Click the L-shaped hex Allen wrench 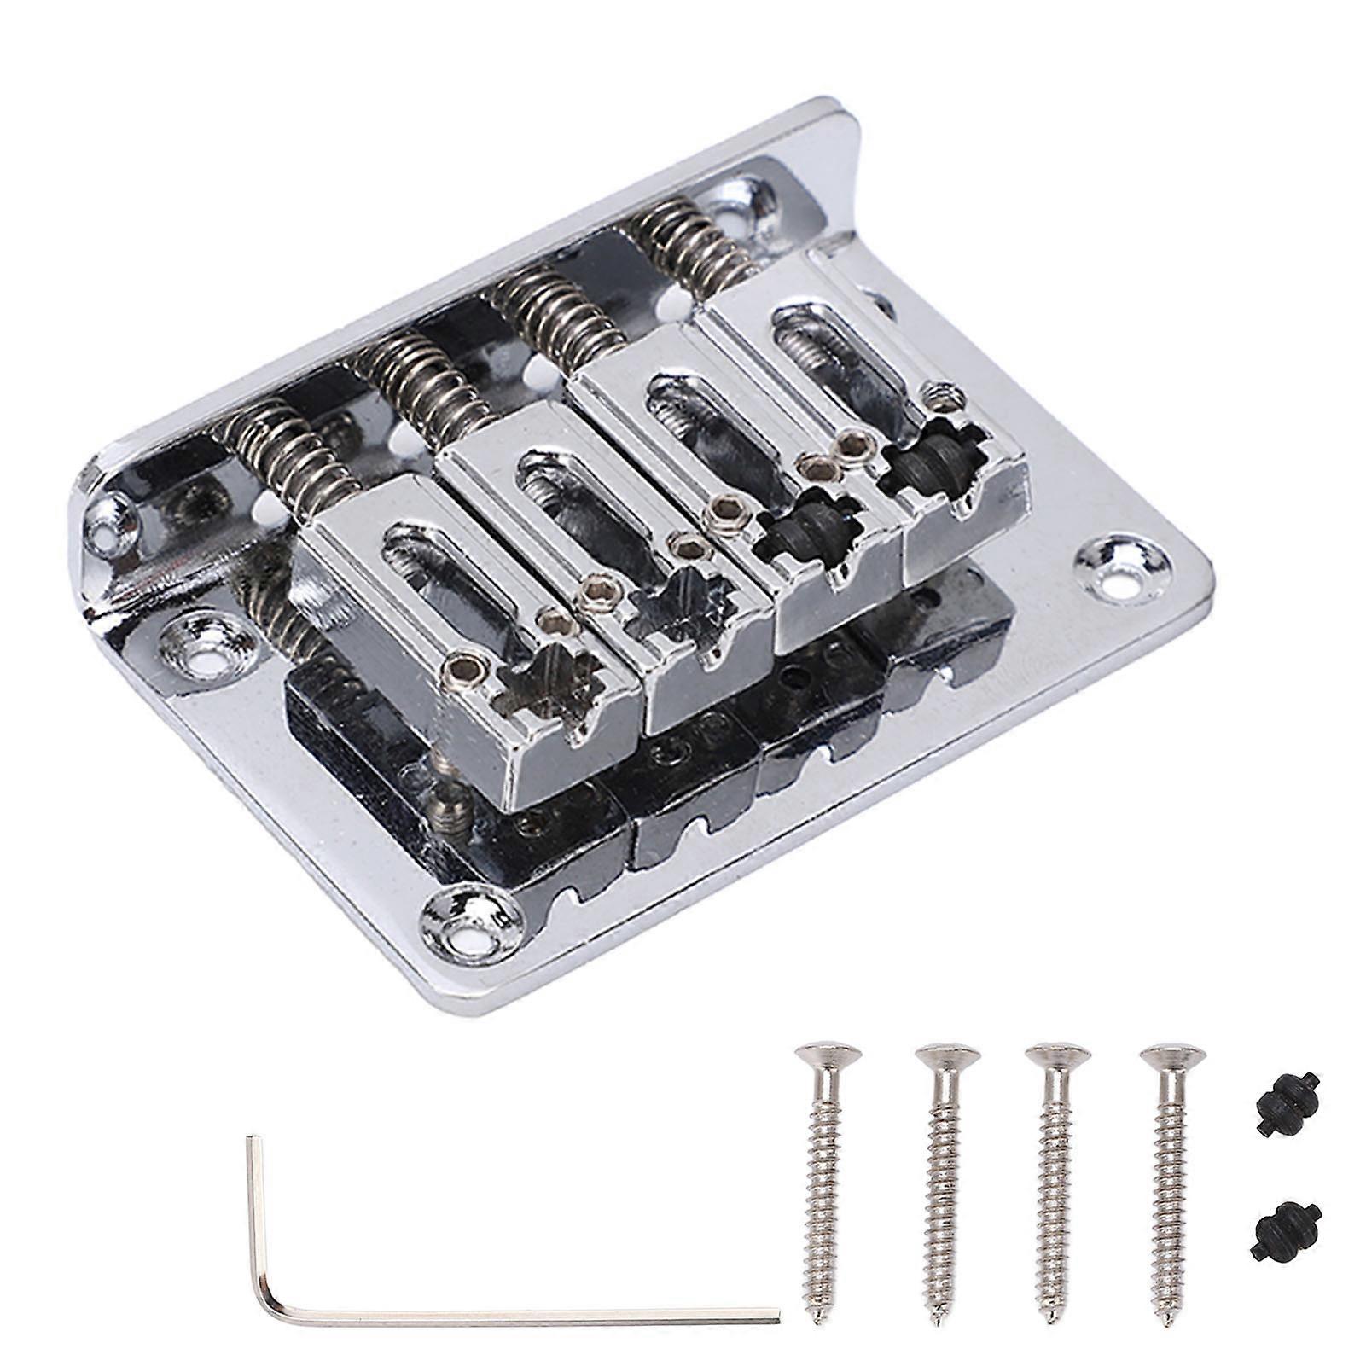[x=512, y=1315]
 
